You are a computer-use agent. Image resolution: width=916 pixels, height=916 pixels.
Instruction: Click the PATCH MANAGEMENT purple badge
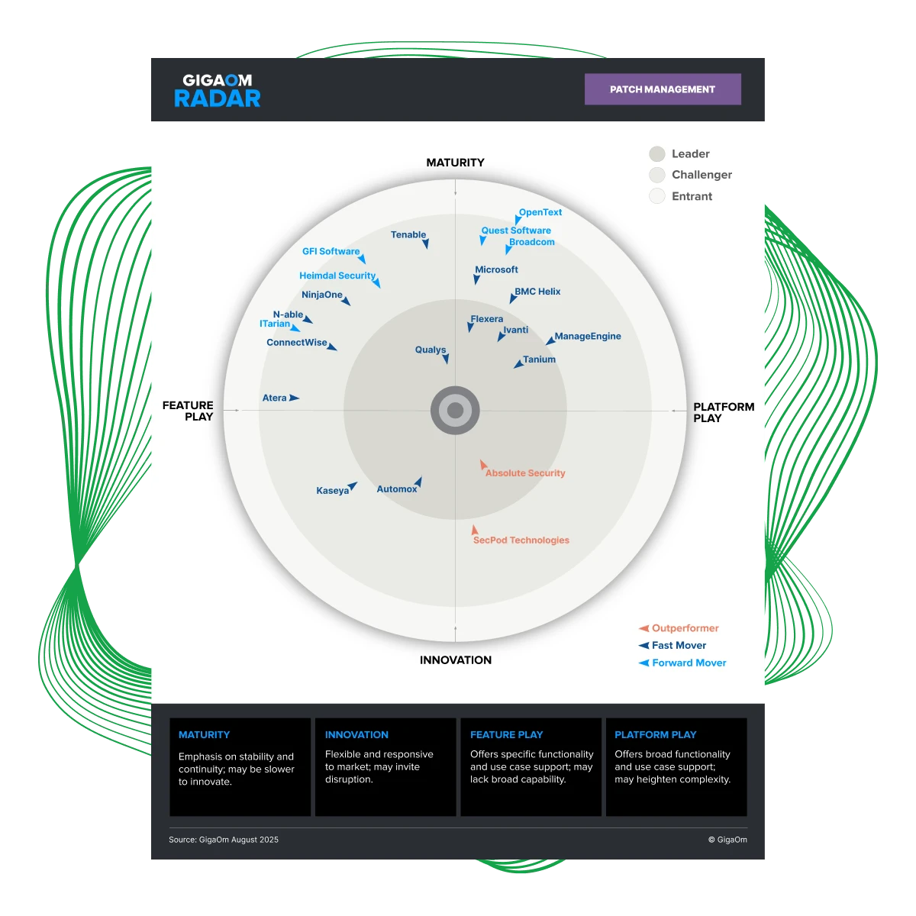(x=663, y=89)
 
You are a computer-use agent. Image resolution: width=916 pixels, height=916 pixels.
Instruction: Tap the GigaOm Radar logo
(x=218, y=90)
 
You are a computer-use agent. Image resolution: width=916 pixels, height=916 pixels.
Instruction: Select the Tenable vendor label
(x=408, y=235)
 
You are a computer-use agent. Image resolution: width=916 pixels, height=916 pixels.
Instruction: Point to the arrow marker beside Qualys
(x=446, y=358)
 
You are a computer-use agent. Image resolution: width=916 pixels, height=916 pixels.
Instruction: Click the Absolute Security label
(x=525, y=473)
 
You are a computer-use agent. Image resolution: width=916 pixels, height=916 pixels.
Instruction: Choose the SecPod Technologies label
(x=521, y=540)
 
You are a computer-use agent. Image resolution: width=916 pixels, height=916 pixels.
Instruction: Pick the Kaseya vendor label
(x=332, y=491)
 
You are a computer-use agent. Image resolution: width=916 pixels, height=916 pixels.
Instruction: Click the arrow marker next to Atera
(x=294, y=398)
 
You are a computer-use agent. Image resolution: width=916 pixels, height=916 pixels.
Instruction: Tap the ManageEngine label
(x=588, y=337)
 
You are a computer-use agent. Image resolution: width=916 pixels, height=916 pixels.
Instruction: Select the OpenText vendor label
(x=540, y=213)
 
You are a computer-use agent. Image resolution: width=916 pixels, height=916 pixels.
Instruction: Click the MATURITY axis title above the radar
(x=455, y=163)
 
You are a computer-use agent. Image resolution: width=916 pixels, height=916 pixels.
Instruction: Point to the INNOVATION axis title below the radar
(x=456, y=660)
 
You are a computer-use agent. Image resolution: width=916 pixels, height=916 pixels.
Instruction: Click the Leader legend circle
(x=657, y=154)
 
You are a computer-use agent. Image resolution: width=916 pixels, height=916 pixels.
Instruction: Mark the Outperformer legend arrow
(x=643, y=628)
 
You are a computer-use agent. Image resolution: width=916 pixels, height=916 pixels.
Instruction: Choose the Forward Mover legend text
(x=689, y=663)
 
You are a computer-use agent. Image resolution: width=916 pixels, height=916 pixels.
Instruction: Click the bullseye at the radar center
(x=455, y=411)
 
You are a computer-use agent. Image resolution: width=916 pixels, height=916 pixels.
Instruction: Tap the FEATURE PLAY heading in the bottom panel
(x=506, y=735)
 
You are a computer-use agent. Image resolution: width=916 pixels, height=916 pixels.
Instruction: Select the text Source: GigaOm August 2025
(x=224, y=840)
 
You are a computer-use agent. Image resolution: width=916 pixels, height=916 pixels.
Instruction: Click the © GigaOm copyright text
(x=727, y=840)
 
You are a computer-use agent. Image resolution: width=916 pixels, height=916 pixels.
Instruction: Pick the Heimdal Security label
(x=337, y=276)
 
